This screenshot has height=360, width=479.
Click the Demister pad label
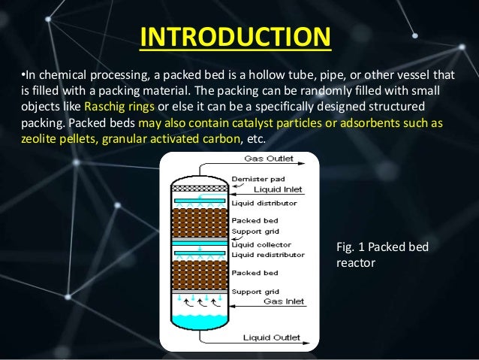click(258, 178)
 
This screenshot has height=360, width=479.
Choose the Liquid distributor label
click(264, 203)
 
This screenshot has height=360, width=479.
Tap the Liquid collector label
click(262, 244)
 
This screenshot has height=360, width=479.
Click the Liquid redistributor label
click(268, 255)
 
